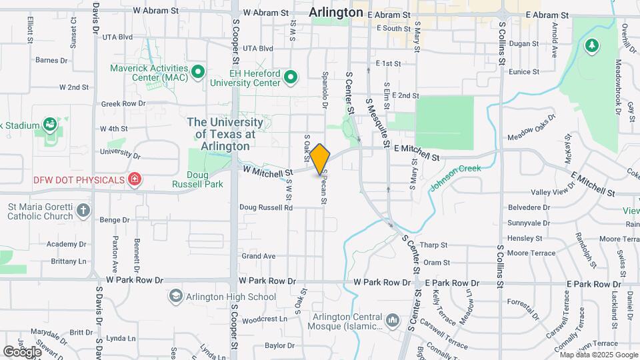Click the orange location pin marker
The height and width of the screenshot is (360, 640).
pyautogui.click(x=320, y=159)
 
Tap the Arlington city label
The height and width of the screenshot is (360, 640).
pyautogui.click(x=337, y=13)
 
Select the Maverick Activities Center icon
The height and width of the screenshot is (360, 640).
pyautogui.click(x=197, y=71)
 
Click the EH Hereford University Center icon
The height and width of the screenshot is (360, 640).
pyautogui.click(x=290, y=78)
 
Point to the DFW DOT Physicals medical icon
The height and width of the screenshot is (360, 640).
pyautogui.click(x=135, y=179)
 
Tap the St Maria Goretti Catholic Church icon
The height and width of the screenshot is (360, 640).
pyautogui.click(x=83, y=211)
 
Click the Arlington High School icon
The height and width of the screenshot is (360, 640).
pyautogui.click(x=176, y=296)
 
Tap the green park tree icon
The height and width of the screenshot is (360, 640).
pyautogui.click(x=590, y=45)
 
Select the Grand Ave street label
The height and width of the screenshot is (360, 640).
pyautogui.click(x=259, y=256)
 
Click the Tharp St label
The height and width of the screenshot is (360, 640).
pyautogui.click(x=434, y=244)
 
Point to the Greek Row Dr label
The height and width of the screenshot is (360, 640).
pyautogui.click(x=123, y=104)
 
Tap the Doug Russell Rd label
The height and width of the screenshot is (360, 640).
pyautogui.click(x=266, y=207)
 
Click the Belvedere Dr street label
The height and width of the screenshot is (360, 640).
pyautogui.click(x=527, y=207)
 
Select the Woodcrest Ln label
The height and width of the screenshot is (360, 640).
pyautogui.click(x=265, y=319)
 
